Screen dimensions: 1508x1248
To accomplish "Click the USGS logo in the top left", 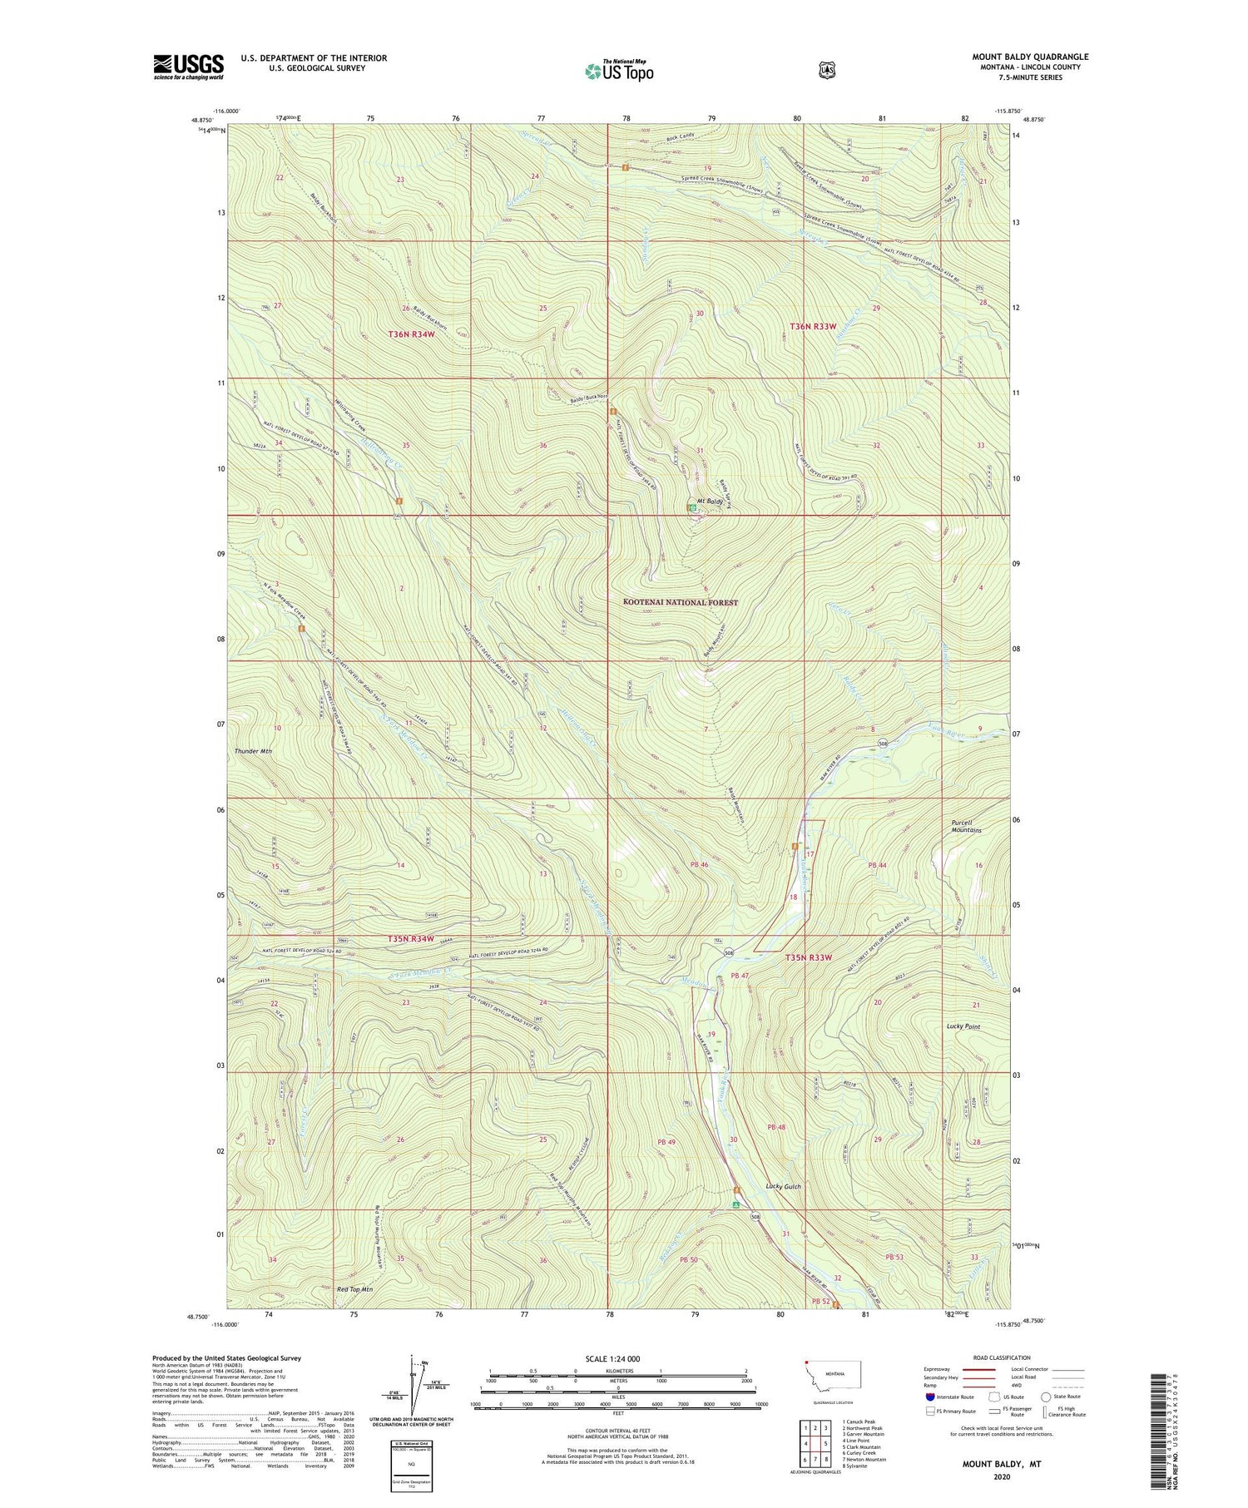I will tap(188, 66).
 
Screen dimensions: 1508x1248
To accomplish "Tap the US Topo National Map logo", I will tap(619, 70).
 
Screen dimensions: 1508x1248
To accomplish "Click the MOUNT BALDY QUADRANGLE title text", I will tap(1030, 57).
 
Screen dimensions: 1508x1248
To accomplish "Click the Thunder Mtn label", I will tap(253, 751).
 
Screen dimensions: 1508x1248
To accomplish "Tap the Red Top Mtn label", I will tap(354, 1289).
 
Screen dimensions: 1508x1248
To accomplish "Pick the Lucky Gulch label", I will tap(783, 1187).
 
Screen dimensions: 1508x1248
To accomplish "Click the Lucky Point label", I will tap(963, 1026).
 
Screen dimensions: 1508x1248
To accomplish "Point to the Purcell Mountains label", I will tap(967, 827).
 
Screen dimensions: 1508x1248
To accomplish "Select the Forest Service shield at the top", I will tap(826, 70).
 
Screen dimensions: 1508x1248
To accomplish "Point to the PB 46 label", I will tap(699, 865).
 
